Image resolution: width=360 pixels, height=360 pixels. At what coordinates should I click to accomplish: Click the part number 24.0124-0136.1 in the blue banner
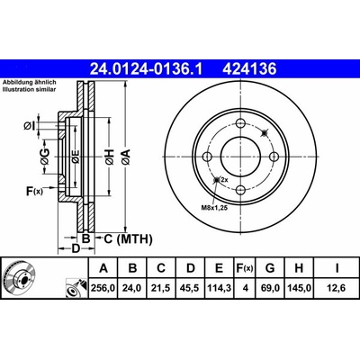[147, 68]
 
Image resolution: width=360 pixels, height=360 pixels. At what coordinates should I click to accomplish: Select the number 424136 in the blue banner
[249, 68]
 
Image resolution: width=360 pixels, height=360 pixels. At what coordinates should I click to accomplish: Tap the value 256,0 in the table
[103, 288]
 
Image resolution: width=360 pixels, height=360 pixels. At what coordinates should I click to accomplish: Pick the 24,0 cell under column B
[132, 288]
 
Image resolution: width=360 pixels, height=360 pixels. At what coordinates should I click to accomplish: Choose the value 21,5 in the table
[161, 288]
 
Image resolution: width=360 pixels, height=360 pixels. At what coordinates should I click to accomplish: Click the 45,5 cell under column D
[190, 288]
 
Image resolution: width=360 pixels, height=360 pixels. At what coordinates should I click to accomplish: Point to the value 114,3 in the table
[219, 288]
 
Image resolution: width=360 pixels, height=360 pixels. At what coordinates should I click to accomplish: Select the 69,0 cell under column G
[270, 288]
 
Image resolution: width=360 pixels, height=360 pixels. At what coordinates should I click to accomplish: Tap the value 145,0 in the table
[299, 288]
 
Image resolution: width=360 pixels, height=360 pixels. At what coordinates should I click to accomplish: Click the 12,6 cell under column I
[336, 288]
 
